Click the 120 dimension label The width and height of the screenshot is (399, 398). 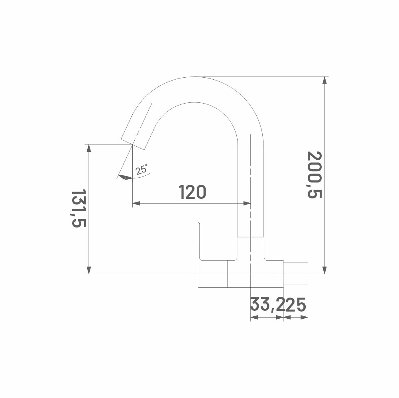click(x=192, y=192)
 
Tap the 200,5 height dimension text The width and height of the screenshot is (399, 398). click(x=314, y=174)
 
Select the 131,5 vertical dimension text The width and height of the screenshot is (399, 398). click(x=79, y=208)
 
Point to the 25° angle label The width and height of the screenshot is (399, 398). click(x=142, y=169)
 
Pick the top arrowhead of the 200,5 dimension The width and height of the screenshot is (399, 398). click(x=324, y=80)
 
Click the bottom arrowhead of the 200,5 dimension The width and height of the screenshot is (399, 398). click(x=324, y=270)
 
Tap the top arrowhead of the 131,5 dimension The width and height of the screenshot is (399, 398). click(x=88, y=148)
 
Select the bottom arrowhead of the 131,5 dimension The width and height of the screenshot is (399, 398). click(x=88, y=270)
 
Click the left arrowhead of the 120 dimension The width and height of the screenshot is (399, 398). click(x=136, y=203)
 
